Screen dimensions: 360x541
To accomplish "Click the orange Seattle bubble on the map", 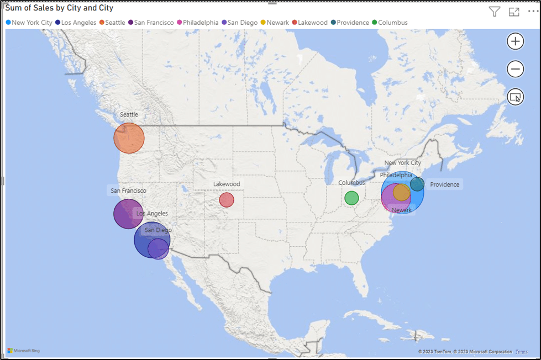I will pyautogui.click(x=129, y=138).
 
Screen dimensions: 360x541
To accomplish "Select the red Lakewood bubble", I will pyautogui.click(x=227, y=200).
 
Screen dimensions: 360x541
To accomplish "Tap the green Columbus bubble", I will pyautogui.click(x=351, y=198).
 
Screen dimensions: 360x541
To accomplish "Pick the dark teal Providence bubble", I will pyautogui.click(x=418, y=184).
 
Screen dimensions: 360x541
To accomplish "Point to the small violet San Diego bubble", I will pyautogui.click(x=159, y=249).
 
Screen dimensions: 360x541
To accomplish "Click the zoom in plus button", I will pyautogui.click(x=515, y=41).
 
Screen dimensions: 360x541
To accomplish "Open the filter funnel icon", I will pyautogui.click(x=495, y=12).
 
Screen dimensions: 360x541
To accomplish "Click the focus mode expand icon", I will pyautogui.click(x=514, y=12).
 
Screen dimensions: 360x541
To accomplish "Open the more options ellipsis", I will pyautogui.click(x=532, y=12).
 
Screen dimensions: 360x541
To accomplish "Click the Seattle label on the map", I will pyautogui.click(x=129, y=114).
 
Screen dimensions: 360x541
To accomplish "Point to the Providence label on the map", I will pyautogui.click(x=444, y=184).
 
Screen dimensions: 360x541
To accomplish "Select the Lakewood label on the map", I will pyautogui.click(x=227, y=184).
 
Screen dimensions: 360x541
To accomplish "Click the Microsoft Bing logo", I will pyautogui.click(x=23, y=351).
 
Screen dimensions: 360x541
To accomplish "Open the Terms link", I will pyautogui.click(x=521, y=352).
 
